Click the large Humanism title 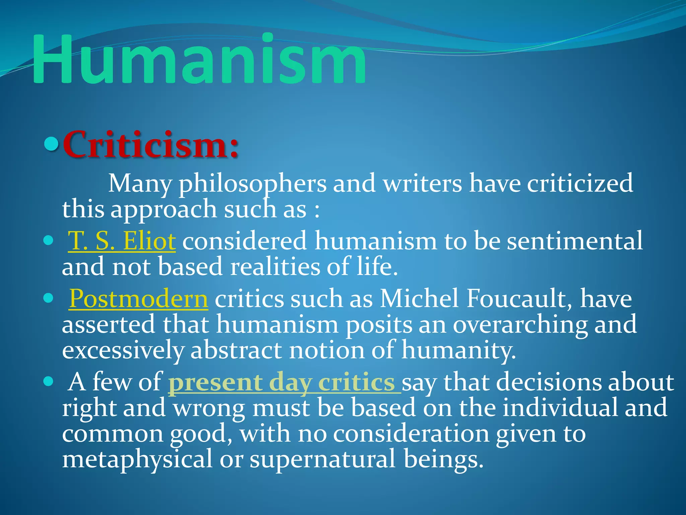coord(199,60)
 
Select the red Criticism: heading coord(151,145)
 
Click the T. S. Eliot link coord(122,241)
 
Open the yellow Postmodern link coord(139,298)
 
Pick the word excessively coord(123,350)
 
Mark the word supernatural coord(323,459)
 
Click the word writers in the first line coord(422,184)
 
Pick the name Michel coord(419,298)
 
